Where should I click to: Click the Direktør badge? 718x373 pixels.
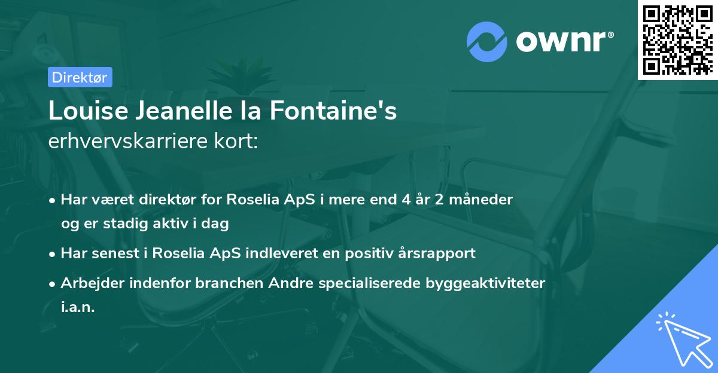tap(80, 77)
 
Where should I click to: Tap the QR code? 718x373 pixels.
tap(678, 39)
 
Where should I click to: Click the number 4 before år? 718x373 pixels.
tap(407, 199)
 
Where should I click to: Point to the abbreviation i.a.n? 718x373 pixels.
tap(78, 307)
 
